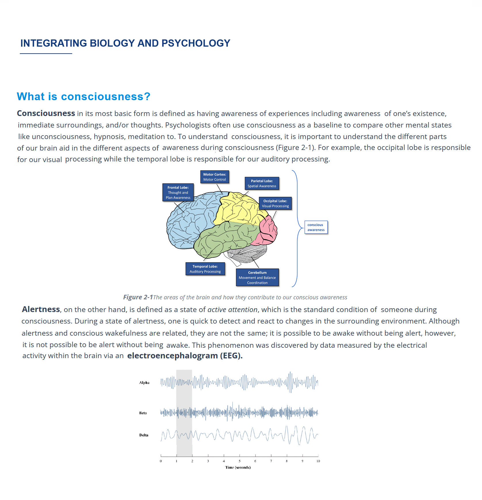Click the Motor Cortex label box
pyautogui.click(x=215, y=177)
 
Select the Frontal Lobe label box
pyautogui.click(x=178, y=192)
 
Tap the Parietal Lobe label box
pyautogui.click(x=262, y=183)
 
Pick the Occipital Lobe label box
pyautogui.click(x=275, y=203)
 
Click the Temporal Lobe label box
pyautogui.click(x=205, y=269)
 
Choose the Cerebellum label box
pyautogui.click(x=257, y=277)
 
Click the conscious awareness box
pyautogui.click(x=316, y=227)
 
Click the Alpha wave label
pyautogui.click(x=144, y=383)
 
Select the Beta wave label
pyautogui.click(x=143, y=413)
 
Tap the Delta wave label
pyautogui.click(x=144, y=435)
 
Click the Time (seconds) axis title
pyautogui.click(x=238, y=467)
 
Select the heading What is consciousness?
pyautogui.click(x=83, y=96)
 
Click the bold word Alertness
pyautogui.click(x=41, y=309)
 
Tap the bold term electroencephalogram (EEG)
pyautogui.click(x=185, y=356)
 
